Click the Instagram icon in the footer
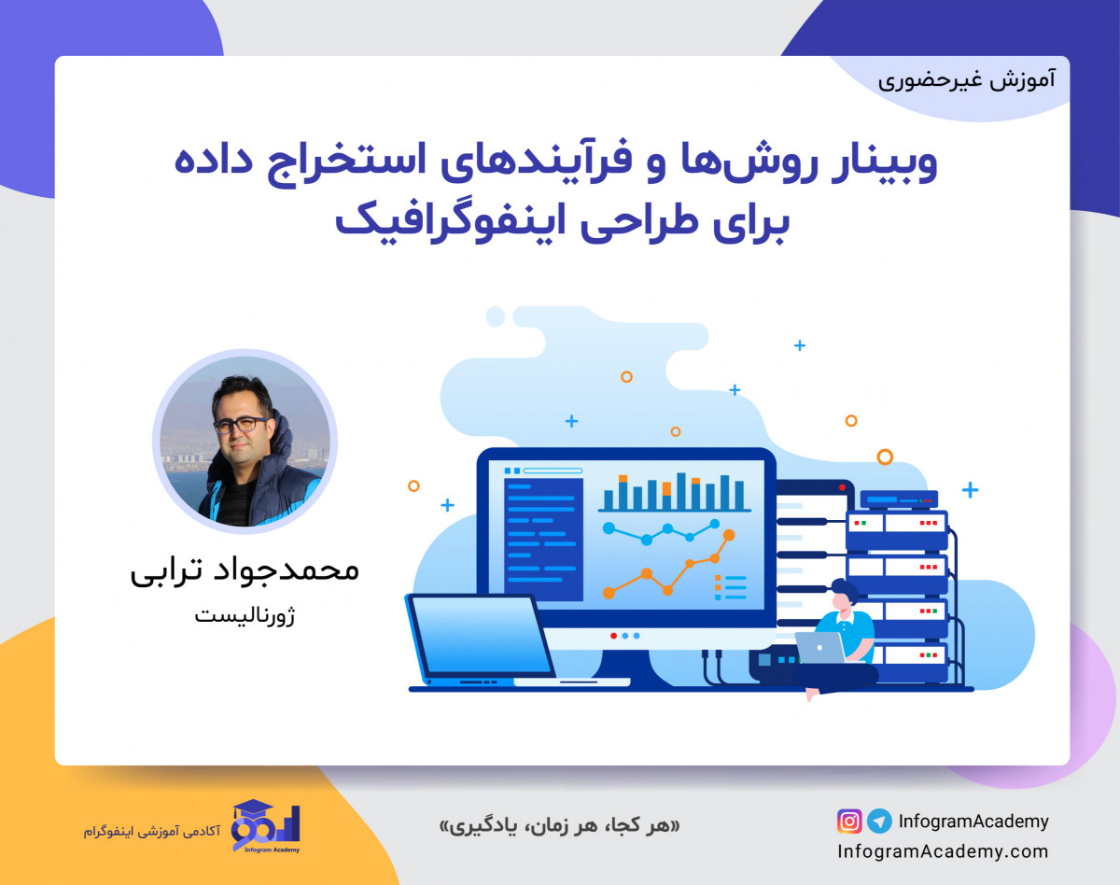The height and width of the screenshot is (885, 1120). click(849, 822)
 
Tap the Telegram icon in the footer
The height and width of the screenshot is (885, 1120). click(879, 822)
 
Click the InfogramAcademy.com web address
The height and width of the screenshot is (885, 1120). click(943, 851)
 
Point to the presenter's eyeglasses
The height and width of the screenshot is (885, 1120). click(239, 424)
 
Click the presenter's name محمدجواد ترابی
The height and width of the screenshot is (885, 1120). click(245, 570)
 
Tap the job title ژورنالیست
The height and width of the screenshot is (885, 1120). click(245, 616)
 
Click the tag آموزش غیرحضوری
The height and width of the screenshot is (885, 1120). click(967, 79)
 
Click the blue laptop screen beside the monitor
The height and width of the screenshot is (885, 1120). click(482, 635)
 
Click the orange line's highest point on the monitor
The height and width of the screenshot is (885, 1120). click(729, 535)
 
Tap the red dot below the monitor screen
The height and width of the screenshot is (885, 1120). click(613, 635)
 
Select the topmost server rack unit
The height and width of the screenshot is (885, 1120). click(899, 500)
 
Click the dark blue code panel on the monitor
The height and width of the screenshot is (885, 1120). click(542, 537)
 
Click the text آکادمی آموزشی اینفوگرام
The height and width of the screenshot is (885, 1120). click(151, 829)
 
